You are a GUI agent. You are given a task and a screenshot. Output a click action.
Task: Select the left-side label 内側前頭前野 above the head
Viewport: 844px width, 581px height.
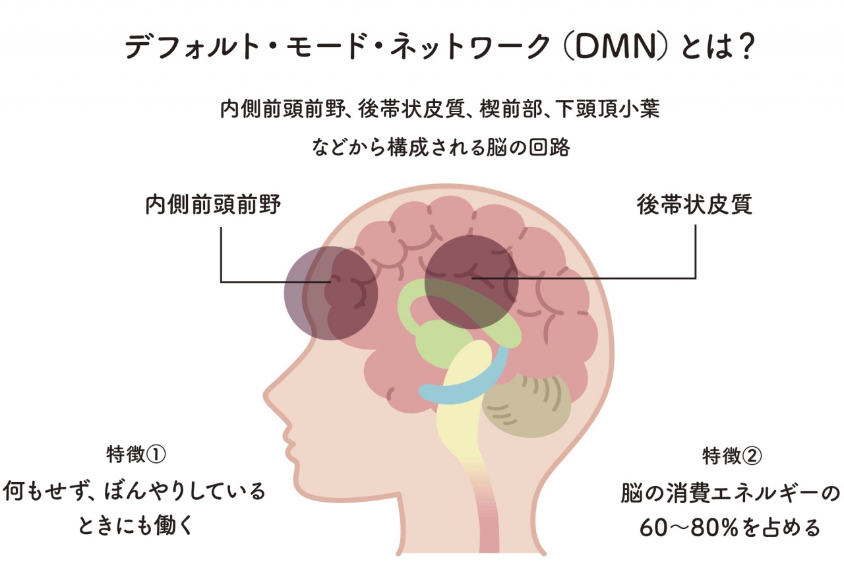click(x=213, y=205)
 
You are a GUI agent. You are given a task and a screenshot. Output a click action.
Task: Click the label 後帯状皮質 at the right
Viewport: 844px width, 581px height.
click(x=694, y=205)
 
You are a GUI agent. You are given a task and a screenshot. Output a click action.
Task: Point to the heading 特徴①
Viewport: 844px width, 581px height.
click(x=135, y=454)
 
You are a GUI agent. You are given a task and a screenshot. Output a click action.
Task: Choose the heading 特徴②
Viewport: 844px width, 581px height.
click(x=733, y=454)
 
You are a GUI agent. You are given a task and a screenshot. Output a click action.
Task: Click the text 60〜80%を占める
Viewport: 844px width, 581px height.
click(x=731, y=528)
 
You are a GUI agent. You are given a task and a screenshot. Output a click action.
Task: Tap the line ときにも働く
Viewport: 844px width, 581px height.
click(x=135, y=526)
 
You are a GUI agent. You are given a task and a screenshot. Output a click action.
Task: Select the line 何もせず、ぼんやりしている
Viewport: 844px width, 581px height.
click(x=135, y=491)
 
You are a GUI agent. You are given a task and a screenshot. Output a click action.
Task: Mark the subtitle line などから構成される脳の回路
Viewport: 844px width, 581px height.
click(x=441, y=146)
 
